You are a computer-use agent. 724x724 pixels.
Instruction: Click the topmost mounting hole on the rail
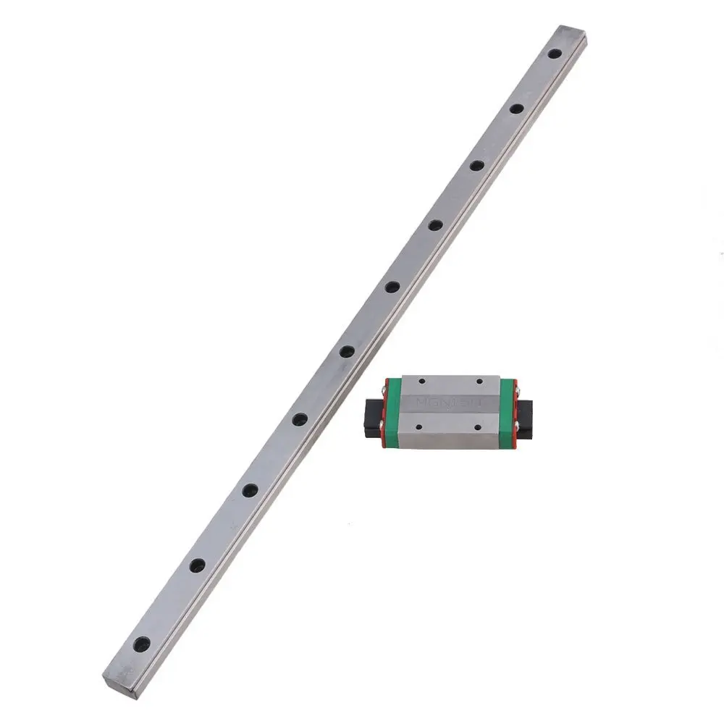coord(554,54)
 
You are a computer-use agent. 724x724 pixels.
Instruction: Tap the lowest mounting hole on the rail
coord(142,642)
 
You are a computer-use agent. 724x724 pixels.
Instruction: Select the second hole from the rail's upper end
coord(516,109)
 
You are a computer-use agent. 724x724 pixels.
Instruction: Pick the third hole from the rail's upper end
coord(476,165)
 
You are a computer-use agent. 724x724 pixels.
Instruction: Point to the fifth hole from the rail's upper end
coord(392,287)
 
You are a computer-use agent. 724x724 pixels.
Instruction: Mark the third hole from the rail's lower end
coord(250,490)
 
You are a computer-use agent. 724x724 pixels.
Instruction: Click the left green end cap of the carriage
coord(392,411)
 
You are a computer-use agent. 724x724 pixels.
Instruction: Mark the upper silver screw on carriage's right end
coord(516,390)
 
